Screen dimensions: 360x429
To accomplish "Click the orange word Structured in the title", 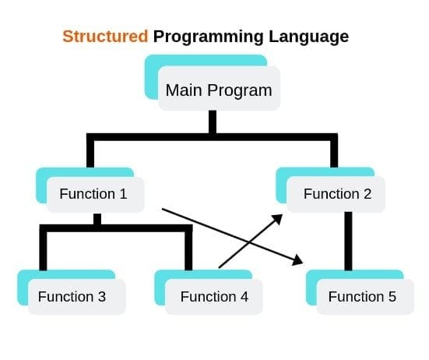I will pyautogui.click(x=105, y=37).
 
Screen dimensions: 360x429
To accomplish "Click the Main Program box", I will pyautogui.click(x=219, y=90).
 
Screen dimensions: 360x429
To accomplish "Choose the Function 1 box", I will pyautogui.click(x=93, y=194).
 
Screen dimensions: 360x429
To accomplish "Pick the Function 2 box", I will pyautogui.click(x=337, y=194).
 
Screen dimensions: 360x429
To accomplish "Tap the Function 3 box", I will pyautogui.click(x=72, y=296).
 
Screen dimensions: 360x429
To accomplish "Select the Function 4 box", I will pyautogui.click(x=214, y=296).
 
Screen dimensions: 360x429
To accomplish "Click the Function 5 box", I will pyautogui.click(x=362, y=296).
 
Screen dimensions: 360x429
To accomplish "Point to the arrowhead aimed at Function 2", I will pyautogui.click(x=277, y=220).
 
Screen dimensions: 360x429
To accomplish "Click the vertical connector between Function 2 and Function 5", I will pyautogui.click(x=348, y=242).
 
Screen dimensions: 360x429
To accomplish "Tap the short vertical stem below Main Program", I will pyautogui.click(x=212, y=123).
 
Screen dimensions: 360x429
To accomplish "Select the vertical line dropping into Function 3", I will pyautogui.click(x=44, y=249).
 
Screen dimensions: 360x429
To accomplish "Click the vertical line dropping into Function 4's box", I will pyautogui.click(x=188, y=249).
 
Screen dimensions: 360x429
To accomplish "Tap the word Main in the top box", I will pyautogui.click(x=184, y=90).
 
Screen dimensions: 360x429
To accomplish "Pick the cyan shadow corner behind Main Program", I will pyautogui.click(x=151, y=78).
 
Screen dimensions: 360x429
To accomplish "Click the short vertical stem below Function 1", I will pyautogui.click(x=97, y=220).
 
